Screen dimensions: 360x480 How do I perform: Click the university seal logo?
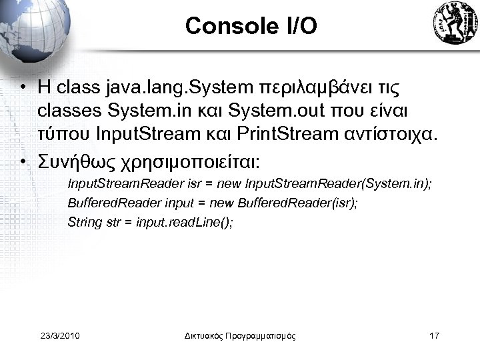click(x=454, y=24)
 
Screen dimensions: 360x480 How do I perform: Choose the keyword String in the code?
click(x=83, y=222)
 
